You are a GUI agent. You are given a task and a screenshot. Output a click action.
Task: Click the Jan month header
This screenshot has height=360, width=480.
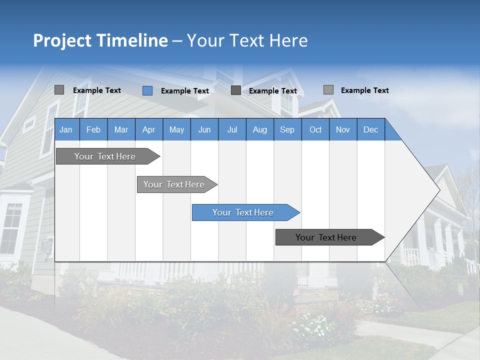click(x=66, y=129)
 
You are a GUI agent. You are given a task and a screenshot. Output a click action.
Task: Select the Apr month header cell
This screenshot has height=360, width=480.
click(x=148, y=129)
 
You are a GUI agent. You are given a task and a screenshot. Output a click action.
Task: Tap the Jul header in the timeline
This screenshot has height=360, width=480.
click(x=232, y=129)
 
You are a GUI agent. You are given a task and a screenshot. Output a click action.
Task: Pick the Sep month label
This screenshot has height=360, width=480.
click(x=287, y=129)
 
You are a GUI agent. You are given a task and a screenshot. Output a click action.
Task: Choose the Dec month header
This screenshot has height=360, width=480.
click(x=370, y=129)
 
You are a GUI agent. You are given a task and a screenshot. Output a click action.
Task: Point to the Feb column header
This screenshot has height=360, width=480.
click(x=93, y=129)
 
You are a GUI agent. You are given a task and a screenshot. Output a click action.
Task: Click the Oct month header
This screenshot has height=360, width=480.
click(x=315, y=129)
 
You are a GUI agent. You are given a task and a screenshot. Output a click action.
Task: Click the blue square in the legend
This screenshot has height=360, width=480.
click(x=147, y=90)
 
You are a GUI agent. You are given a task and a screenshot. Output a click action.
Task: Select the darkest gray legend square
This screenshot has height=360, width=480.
click(x=236, y=90)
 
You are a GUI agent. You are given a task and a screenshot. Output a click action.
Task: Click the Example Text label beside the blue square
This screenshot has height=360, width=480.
click(x=184, y=91)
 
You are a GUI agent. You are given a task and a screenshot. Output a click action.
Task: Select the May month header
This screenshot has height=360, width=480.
click(x=176, y=129)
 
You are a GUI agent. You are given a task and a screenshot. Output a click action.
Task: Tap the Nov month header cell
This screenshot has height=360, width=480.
click(x=343, y=129)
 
